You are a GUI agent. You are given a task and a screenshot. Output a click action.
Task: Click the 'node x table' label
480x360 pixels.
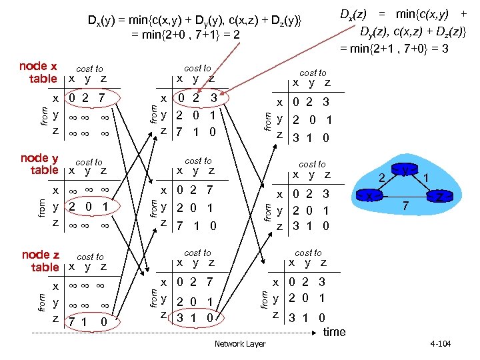click(38, 72)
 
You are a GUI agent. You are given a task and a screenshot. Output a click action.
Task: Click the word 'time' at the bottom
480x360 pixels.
click(334, 332)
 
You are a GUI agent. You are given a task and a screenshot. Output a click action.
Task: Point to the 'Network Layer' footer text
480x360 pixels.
click(240, 344)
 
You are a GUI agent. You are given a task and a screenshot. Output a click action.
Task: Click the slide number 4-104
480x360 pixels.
click(441, 344)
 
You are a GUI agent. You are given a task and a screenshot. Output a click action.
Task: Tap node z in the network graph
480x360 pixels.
click(439, 197)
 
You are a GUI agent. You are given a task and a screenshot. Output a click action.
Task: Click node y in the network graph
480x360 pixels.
click(405, 172)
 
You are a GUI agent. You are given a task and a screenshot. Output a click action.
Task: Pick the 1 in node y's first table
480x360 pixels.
click(105, 207)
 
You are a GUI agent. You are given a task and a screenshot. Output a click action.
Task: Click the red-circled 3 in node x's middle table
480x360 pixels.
click(213, 98)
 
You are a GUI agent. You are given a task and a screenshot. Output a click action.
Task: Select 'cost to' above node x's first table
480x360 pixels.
click(89, 68)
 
